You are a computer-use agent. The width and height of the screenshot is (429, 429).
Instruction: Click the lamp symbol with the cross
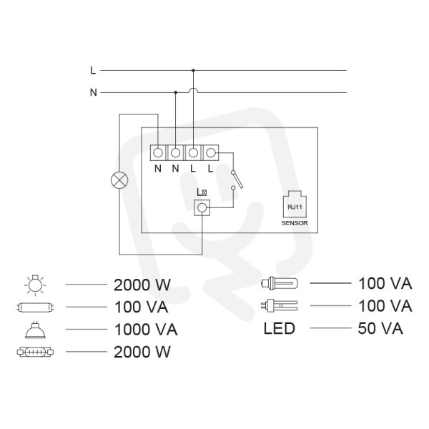[119, 181]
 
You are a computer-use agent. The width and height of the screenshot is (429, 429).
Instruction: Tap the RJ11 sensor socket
[295, 204]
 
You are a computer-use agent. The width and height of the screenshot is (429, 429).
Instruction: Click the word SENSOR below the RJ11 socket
[295, 223]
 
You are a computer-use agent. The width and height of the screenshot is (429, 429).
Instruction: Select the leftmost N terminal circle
[158, 153]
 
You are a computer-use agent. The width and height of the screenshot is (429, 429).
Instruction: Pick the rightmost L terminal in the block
[211, 153]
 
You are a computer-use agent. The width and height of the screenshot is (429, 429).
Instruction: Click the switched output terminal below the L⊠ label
[202, 207]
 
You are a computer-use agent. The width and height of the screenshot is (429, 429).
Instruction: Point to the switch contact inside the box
[237, 179]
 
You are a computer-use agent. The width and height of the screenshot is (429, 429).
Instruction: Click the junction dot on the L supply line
[193, 70]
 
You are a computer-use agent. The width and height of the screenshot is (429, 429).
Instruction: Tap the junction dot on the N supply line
[176, 92]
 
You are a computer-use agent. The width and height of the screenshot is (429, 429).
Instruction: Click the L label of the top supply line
[93, 70]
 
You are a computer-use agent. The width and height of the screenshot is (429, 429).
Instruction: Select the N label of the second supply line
[94, 92]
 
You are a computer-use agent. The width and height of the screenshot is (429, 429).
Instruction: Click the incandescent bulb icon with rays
[35, 285]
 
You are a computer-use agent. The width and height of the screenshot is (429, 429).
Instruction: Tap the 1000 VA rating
[146, 330]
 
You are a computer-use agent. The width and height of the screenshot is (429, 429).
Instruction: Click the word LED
[279, 328]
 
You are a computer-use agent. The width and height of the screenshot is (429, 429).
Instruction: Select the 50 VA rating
[380, 328]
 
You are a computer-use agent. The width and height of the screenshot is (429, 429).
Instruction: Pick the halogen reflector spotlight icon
[35, 330]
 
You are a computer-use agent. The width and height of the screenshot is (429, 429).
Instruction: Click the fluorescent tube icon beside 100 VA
[35, 307]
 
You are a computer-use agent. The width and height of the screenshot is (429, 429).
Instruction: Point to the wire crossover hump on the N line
[193, 91]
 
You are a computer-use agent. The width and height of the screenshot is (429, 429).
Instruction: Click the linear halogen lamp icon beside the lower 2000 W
[35, 352]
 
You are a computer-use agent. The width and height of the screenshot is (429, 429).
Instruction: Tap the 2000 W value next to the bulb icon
[142, 285]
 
